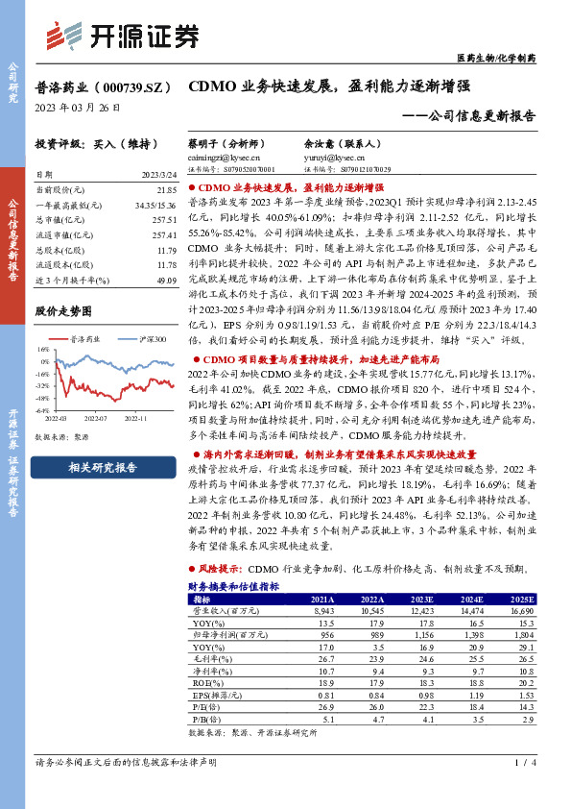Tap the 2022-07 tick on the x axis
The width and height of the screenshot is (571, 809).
tap(97, 419)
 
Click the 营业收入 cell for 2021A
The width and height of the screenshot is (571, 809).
tap(321, 610)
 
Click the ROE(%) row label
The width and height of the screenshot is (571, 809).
tap(205, 683)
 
